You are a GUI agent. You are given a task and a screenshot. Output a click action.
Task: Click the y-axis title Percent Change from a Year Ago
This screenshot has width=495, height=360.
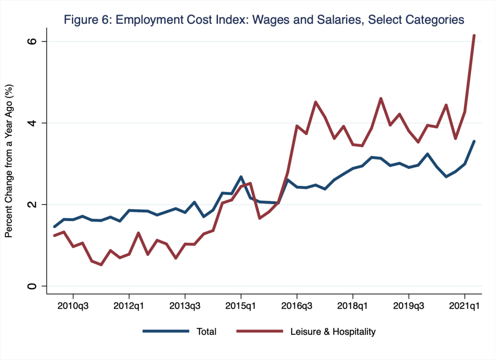click(x=9, y=160)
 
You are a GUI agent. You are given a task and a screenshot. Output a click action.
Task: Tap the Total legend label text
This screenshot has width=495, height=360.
click(x=206, y=332)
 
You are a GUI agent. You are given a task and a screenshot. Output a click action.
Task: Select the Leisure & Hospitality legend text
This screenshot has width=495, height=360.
click(x=333, y=332)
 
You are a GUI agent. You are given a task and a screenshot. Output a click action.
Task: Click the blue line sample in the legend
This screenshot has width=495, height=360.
click(x=165, y=331)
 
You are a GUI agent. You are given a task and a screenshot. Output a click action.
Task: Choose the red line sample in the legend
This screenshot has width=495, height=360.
click(x=259, y=331)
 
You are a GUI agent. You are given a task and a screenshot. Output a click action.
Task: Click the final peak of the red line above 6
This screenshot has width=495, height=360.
click(x=474, y=35)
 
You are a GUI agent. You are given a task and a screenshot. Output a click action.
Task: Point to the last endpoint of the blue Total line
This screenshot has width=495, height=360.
click(x=474, y=141)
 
